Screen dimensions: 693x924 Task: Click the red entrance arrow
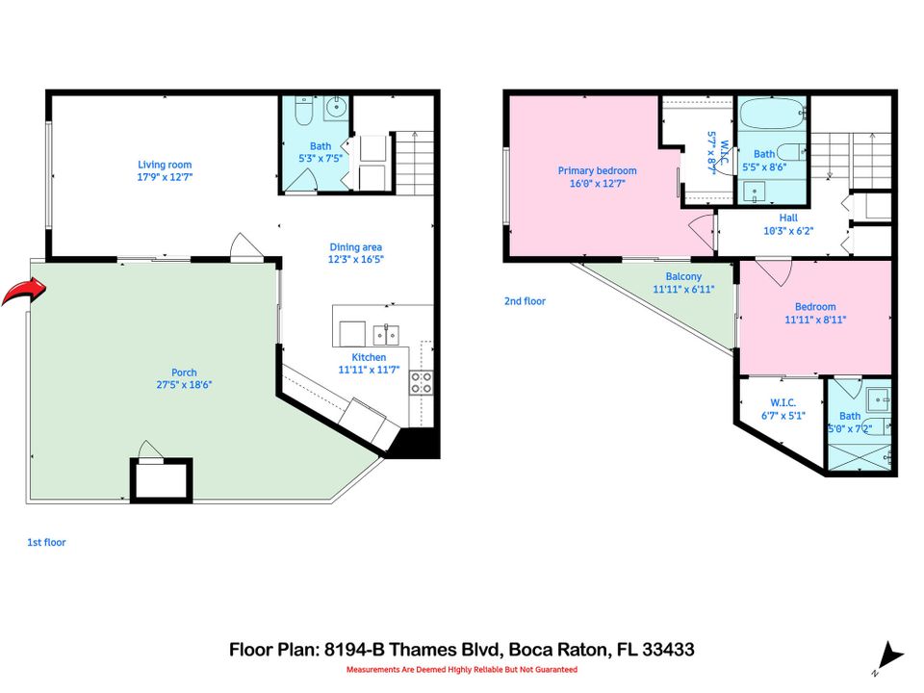click(x=22, y=291)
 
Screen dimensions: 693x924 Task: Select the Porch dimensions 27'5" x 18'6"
click(x=184, y=384)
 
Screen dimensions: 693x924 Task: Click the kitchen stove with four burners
click(x=421, y=383)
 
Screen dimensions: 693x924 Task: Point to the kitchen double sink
click(x=387, y=334)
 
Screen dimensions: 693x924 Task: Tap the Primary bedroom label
click(x=597, y=170)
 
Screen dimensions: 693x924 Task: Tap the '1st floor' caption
click(x=46, y=543)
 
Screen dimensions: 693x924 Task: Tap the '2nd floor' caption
click(x=525, y=301)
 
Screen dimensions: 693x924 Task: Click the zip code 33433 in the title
click(x=666, y=650)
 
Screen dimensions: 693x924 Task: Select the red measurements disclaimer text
click(x=462, y=669)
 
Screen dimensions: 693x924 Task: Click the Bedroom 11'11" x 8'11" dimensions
click(x=815, y=320)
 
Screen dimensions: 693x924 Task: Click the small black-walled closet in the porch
click(x=161, y=478)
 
